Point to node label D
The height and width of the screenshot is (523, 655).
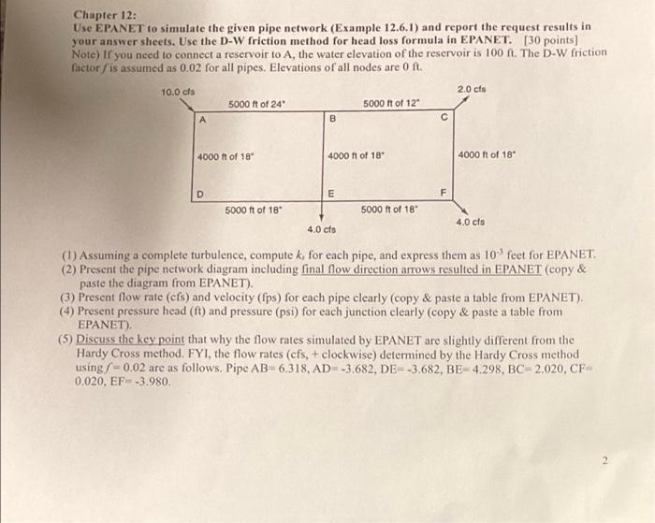point(200,195)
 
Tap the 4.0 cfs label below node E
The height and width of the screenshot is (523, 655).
point(321,228)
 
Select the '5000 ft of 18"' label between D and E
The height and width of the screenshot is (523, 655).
point(253,210)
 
